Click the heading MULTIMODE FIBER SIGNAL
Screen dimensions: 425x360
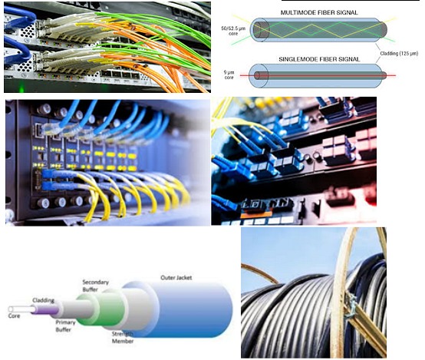click(x=319, y=12)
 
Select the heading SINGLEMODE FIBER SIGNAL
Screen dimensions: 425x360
click(x=319, y=59)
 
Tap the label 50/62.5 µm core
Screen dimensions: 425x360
click(x=233, y=31)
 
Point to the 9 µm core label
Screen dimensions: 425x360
click(x=229, y=75)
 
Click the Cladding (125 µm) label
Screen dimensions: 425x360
click(x=399, y=54)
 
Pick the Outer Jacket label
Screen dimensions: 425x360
click(x=176, y=278)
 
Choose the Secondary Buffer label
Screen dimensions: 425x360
click(x=95, y=286)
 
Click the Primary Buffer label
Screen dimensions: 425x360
click(x=65, y=325)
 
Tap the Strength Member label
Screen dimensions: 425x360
click(x=123, y=338)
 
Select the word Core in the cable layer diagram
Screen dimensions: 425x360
click(x=14, y=316)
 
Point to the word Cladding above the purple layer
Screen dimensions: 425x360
click(x=44, y=300)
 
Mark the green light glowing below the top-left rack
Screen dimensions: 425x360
click(x=21, y=89)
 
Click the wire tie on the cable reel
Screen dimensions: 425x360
click(x=351, y=306)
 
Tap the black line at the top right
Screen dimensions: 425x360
click(x=350, y=1)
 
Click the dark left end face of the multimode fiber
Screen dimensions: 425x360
click(x=260, y=30)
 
